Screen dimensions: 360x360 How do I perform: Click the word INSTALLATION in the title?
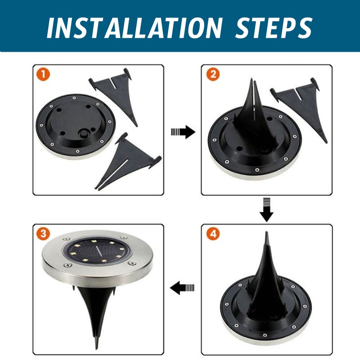point(135,28)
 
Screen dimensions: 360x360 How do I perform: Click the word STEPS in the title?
point(274,28)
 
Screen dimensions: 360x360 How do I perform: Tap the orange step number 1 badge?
point(43,74)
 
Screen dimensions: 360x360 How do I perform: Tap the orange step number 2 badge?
point(213,74)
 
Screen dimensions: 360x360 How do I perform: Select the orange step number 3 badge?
point(43,234)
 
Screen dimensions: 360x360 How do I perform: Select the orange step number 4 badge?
point(213,234)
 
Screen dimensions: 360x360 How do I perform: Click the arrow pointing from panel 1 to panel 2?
point(183,132)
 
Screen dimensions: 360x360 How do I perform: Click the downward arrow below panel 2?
point(266,209)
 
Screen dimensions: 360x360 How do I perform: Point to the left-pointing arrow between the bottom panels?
point(182,288)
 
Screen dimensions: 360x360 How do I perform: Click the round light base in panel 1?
point(76,126)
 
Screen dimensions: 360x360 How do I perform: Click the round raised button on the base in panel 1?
point(83,133)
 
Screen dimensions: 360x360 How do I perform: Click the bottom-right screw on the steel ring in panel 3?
point(132,263)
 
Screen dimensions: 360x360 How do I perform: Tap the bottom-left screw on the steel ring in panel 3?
point(68,265)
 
